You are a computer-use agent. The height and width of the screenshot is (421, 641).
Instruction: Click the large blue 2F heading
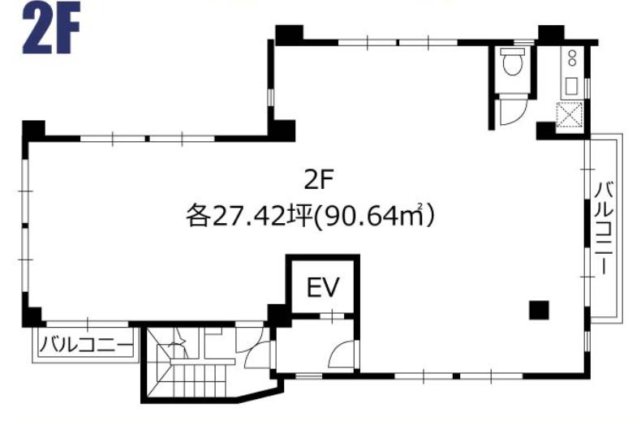(x=51, y=28)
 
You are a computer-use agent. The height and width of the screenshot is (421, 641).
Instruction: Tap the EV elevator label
(x=323, y=287)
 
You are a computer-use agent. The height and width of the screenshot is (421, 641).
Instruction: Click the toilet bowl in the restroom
(x=512, y=66)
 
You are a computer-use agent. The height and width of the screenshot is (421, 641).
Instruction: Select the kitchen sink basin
(x=570, y=86)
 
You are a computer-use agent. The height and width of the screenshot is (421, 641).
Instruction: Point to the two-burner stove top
(x=572, y=58)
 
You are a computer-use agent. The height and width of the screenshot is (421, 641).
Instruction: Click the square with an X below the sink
(x=570, y=114)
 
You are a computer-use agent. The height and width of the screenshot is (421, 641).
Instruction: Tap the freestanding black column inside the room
(x=539, y=310)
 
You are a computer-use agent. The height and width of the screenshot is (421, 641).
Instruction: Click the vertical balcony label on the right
(x=605, y=229)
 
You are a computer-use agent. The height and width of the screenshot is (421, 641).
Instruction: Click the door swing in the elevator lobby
(x=342, y=354)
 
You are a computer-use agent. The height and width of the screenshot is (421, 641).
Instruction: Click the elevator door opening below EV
(x=332, y=316)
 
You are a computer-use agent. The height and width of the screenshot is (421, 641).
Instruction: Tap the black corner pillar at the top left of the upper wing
(x=289, y=34)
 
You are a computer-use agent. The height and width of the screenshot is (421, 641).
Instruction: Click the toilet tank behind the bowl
(x=512, y=52)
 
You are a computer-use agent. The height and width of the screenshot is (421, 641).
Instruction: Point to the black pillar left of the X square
(x=546, y=131)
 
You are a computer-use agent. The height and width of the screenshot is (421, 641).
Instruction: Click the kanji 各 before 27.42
(x=199, y=216)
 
